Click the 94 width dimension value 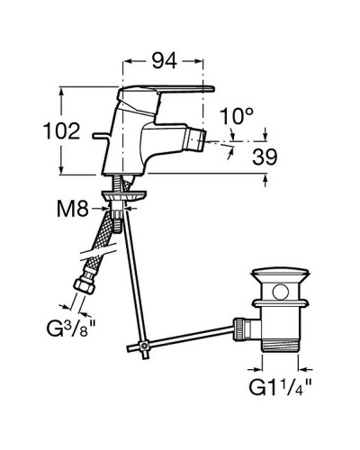click(164, 61)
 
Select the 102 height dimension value click(62, 130)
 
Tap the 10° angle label click(237, 116)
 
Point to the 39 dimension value click(265, 157)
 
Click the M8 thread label click(73, 209)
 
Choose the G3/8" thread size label click(71, 328)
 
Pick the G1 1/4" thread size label click(280, 387)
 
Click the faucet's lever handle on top click(166, 92)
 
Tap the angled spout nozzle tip click(196, 140)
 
